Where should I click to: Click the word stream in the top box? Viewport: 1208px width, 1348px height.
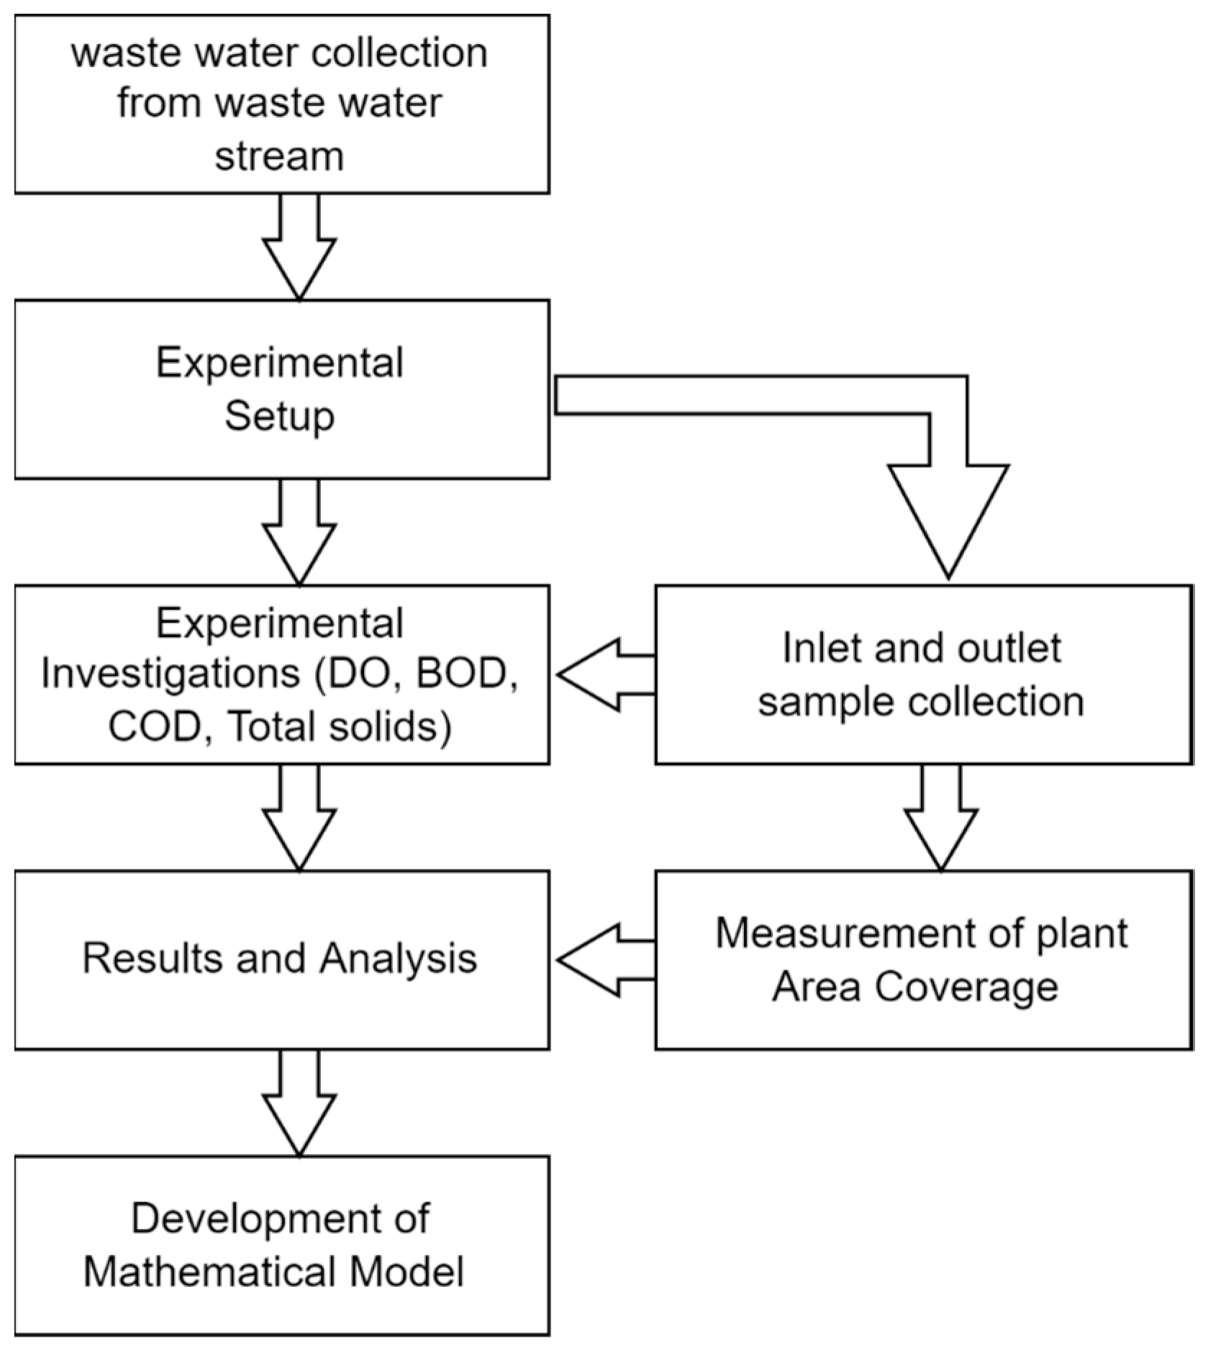click(x=279, y=156)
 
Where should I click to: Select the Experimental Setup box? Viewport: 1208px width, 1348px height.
click(x=281, y=389)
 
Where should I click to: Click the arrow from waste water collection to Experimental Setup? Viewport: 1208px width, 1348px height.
click(x=299, y=248)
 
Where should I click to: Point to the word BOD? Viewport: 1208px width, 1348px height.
click(x=460, y=674)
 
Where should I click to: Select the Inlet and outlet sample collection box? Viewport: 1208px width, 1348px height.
click(x=922, y=674)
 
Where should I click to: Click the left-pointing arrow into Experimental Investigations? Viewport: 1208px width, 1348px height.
click(x=604, y=674)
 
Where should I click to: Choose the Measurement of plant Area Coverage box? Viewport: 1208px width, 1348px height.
click(x=922, y=959)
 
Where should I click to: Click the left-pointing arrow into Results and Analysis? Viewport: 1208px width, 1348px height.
click(x=604, y=960)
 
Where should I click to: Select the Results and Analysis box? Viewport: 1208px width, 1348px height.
click(x=281, y=959)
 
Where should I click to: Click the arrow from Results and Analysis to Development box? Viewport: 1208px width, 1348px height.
click(x=299, y=1105)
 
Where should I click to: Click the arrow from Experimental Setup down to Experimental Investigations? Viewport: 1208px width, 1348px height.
click(x=299, y=533)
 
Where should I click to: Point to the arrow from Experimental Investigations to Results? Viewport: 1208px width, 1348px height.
click(x=299, y=819)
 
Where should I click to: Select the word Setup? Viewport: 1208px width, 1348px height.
click(x=279, y=417)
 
